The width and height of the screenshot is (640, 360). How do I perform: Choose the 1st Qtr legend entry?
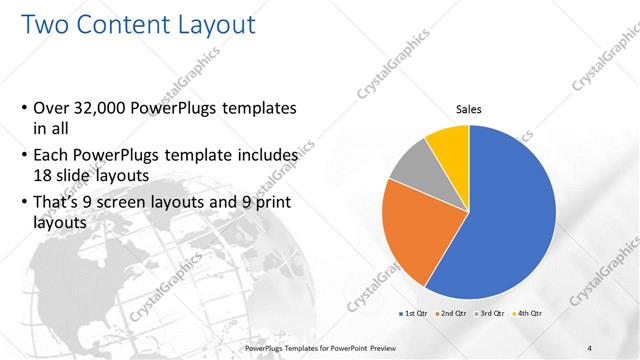click(415, 313)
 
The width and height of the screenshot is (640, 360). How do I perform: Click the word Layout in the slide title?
click(212, 23)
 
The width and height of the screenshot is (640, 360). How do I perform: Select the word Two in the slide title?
click(43, 23)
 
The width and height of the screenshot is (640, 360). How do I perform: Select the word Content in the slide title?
click(114, 23)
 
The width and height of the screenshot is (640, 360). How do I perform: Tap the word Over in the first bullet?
click(54, 108)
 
